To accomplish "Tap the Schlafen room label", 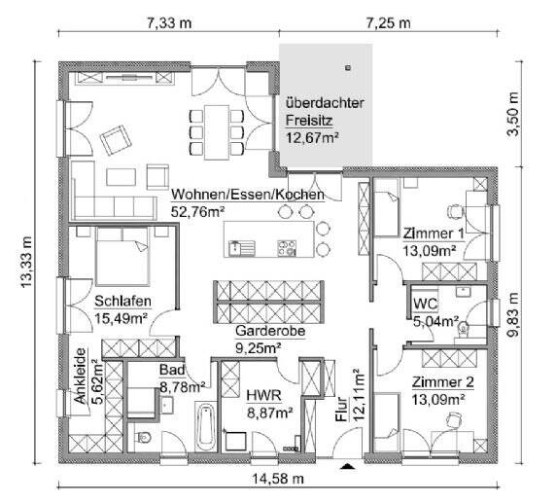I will pos(122,300).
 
